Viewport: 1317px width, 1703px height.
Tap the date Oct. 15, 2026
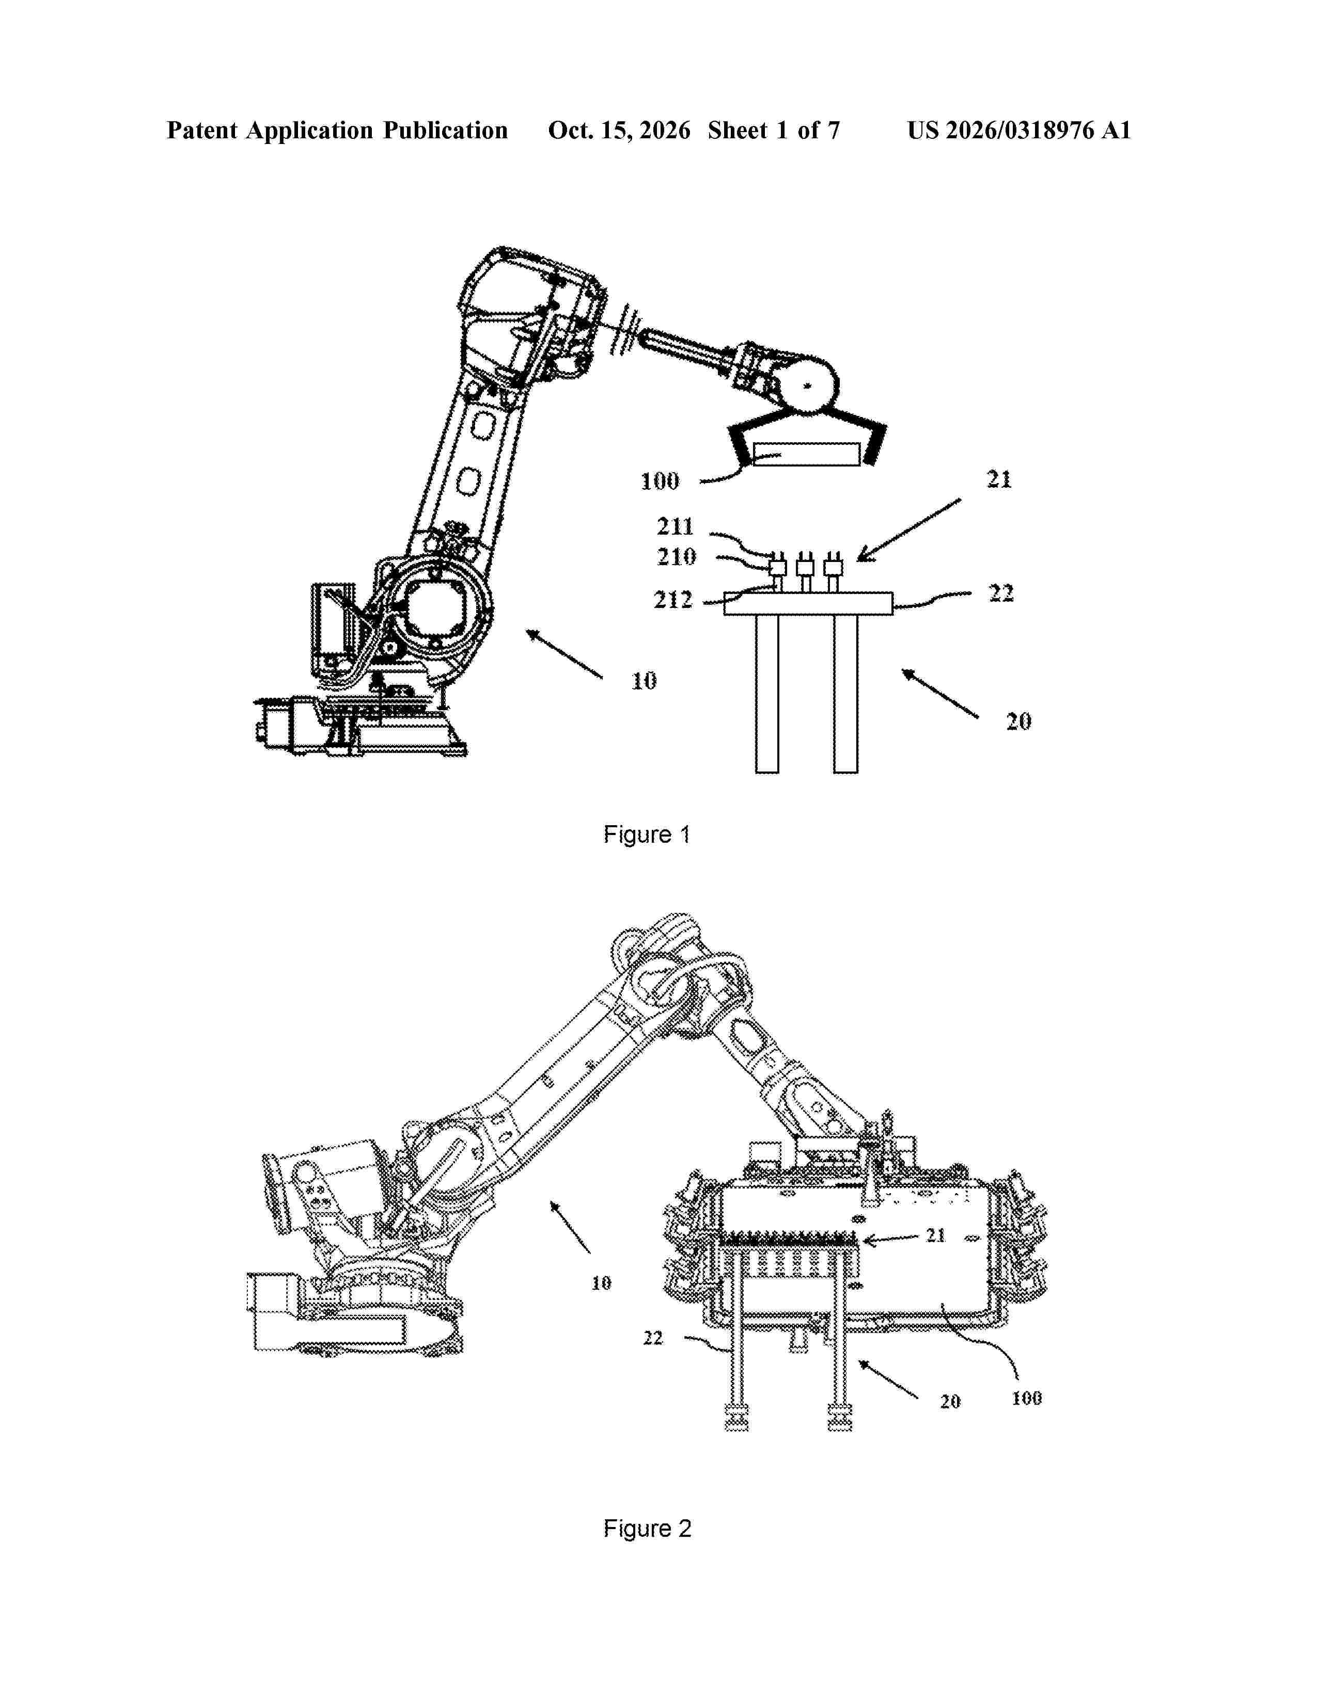coord(619,130)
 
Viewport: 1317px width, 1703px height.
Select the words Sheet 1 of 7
coord(773,130)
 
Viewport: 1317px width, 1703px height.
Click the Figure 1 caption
coord(647,835)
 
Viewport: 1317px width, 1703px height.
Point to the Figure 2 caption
coord(647,1529)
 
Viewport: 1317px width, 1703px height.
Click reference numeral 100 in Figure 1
coord(660,481)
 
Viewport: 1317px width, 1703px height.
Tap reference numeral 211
coord(675,526)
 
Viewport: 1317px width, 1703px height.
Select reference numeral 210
coord(676,557)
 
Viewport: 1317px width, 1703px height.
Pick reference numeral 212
coord(672,600)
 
